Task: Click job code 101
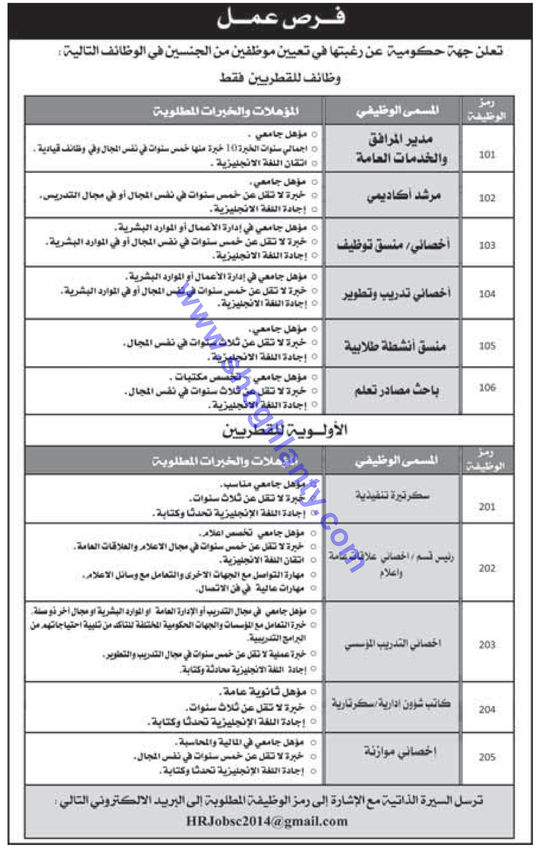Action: [x=487, y=154]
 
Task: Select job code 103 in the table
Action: [x=487, y=245]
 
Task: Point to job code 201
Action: [x=487, y=507]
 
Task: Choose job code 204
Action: [x=487, y=709]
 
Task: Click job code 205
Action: [x=487, y=757]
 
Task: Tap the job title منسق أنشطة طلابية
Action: [x=395, y=346]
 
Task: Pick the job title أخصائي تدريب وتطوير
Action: [x=396, y=293]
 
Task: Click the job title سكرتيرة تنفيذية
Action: [x=393, y=495]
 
